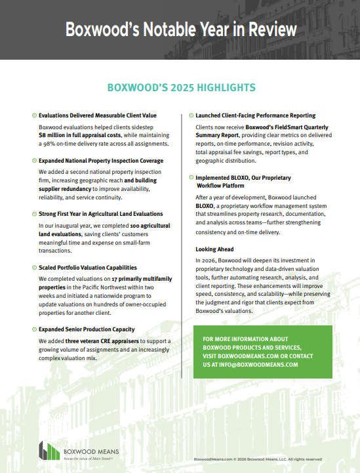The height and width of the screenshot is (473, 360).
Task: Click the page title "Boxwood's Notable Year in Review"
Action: tap(180, 30)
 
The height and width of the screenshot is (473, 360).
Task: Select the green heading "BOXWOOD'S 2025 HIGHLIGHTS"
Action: tap(180, 87)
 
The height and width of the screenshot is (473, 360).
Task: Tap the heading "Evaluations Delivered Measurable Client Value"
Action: tap(98, 115)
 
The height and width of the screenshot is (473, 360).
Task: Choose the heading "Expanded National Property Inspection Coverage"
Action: tap(101, 161)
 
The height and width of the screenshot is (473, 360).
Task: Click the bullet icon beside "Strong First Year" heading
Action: tap(34, 214)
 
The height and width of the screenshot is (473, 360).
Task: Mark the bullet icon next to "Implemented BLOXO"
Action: tap(191, 177)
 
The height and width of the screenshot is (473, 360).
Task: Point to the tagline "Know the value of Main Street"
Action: tap(86, 458)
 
